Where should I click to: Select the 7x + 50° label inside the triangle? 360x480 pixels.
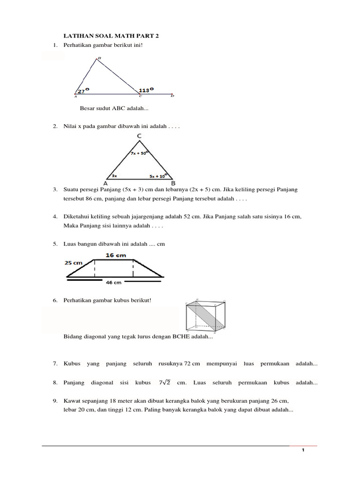click(139, 153)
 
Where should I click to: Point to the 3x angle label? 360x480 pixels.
click(114, 176)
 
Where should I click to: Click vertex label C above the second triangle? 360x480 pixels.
click(140, 136)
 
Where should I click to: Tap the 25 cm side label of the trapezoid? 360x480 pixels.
click(74, 263)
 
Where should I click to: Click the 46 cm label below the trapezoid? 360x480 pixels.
click(114, 282)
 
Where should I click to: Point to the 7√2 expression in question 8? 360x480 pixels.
click(165, 382)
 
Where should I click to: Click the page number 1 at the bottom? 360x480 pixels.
click(303, 450)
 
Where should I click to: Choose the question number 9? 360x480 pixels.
click(55, 401)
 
